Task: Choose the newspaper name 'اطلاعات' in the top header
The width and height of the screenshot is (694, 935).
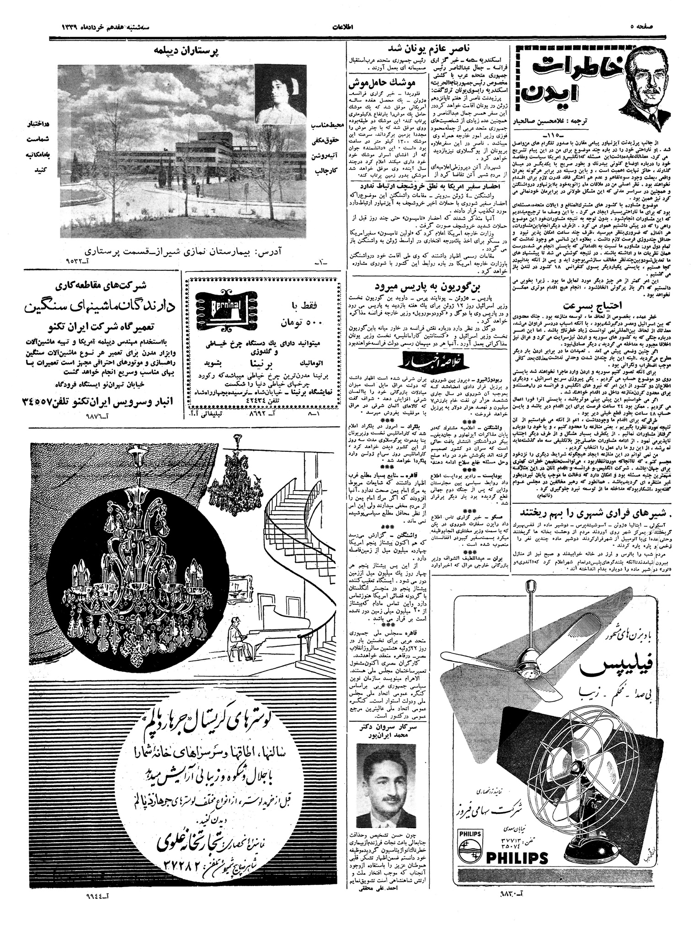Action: point(346,28)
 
